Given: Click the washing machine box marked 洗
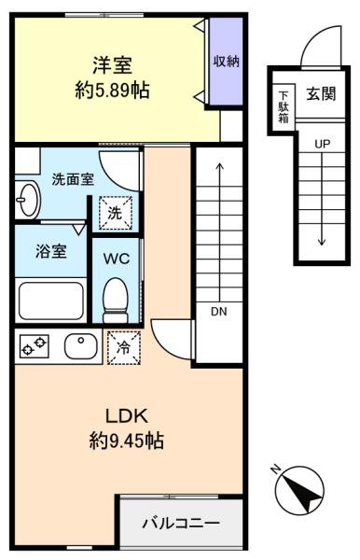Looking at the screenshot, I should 115,213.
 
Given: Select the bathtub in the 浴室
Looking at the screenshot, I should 50,301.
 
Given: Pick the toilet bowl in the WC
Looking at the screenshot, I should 116,295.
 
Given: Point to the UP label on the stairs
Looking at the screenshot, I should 322,145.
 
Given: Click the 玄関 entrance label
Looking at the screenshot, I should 321,95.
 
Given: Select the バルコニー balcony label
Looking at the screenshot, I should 180,523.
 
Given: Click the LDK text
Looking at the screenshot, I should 122,413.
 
